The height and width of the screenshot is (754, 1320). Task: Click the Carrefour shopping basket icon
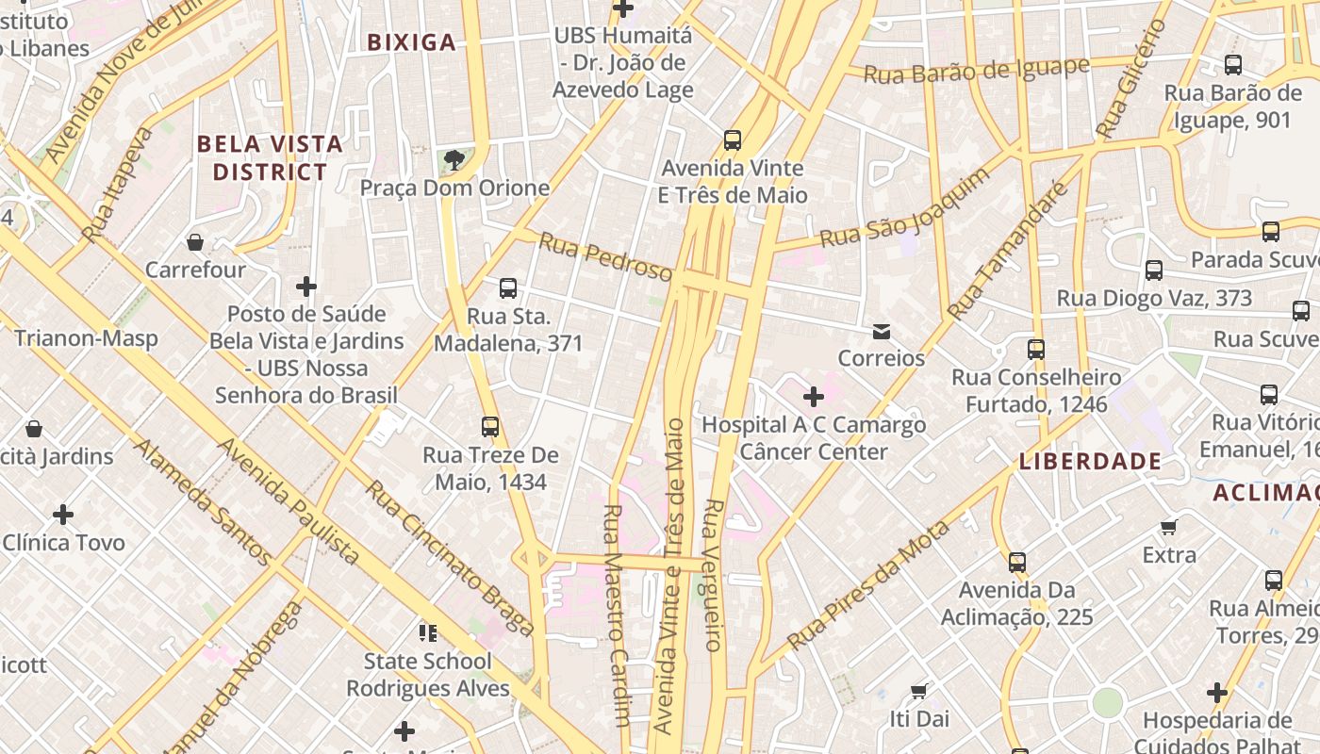(x=195, y=243)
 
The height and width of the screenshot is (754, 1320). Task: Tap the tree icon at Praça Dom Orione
(x=454, y=159)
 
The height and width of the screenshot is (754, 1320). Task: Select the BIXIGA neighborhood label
(x=411, y=42)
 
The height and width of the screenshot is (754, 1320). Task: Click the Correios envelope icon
(x=882, y=332)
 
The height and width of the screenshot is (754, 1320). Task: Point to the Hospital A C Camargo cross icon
(x=814, y=397)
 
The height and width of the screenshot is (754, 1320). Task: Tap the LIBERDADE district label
(x=1090, y=461)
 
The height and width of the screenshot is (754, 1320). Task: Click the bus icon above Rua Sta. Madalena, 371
(x=508, y=288)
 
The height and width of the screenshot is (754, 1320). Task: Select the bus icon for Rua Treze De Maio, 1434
(x=489, y=427)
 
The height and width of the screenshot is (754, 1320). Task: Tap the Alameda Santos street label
(x=203, y=501)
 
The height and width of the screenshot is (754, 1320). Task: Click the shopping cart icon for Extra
(x=1169, y=528)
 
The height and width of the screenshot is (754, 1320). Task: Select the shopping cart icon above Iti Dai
(x=919, y=692)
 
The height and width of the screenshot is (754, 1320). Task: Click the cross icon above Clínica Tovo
(x=63, y=515)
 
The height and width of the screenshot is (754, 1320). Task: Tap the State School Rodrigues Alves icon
(x=428, y=632)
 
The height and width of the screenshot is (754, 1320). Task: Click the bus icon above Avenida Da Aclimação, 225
(x=1016, y=563)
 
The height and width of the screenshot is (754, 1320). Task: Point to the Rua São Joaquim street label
(x=904, y=208)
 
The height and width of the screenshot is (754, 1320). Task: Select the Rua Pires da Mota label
(x=867, y=585)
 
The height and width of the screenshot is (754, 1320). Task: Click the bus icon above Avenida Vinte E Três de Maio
(x=733, y=140)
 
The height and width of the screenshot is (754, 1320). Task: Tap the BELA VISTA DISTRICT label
(x=270, y=157)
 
